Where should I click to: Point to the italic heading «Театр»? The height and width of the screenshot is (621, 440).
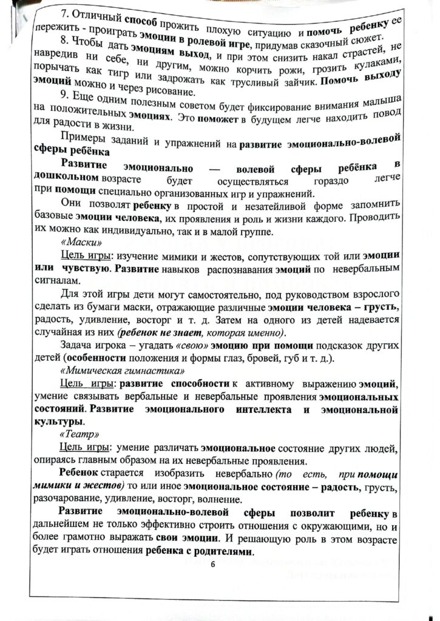click(x=75, y=435)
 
